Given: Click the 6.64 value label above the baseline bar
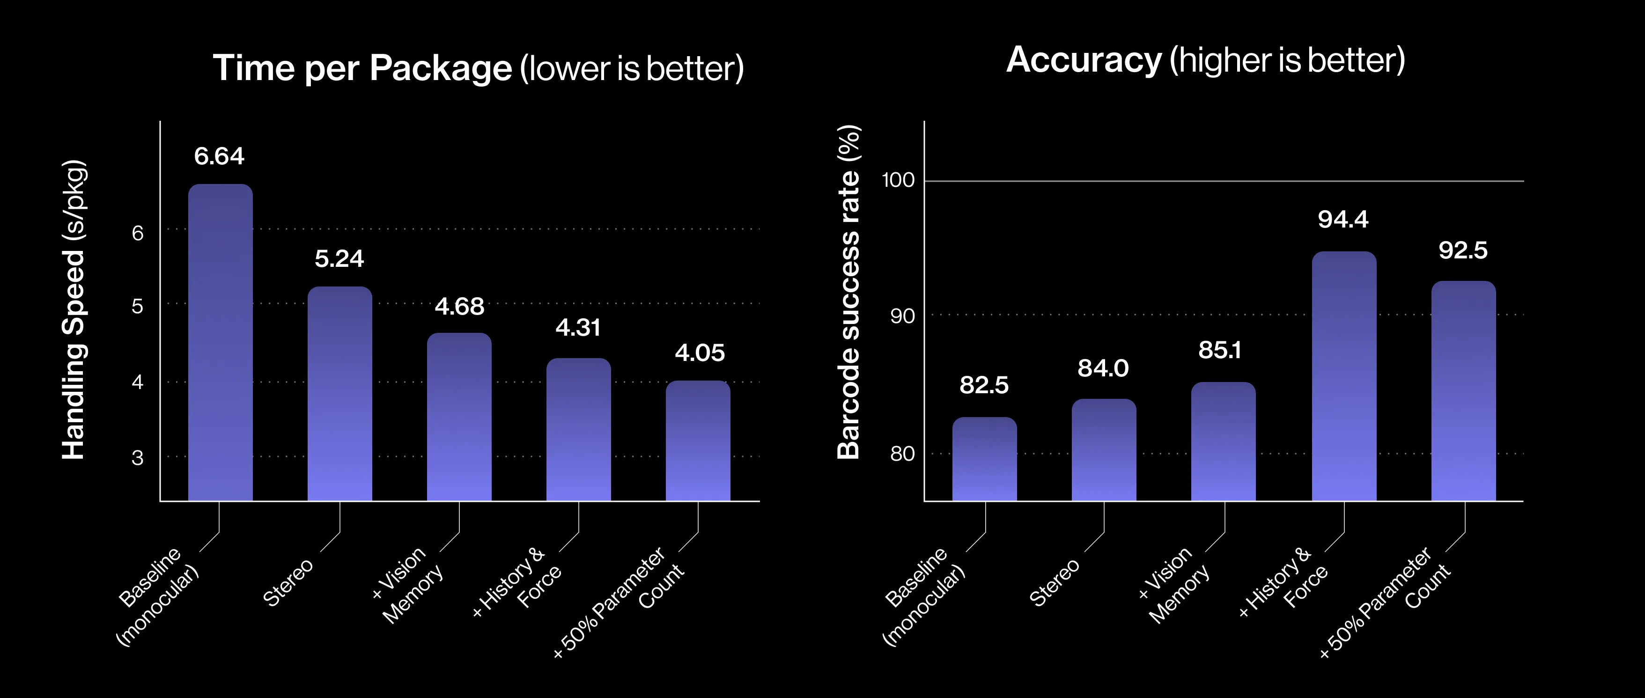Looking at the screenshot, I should coord(219,156).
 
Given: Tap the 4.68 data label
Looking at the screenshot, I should coord(459,307).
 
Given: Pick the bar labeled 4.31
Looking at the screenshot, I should coord(579,429).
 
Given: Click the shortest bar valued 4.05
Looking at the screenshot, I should coord(698,441).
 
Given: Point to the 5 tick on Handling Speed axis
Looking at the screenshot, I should coord(137,307).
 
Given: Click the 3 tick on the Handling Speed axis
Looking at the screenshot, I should coord(137,458).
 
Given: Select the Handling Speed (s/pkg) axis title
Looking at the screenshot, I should coord(74,310).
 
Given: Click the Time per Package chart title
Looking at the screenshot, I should coord(478,68).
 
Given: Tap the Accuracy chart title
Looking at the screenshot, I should coord(1206,61).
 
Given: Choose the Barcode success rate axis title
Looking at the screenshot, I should coord(848,292).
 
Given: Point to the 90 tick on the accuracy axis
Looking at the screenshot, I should coord(902,316).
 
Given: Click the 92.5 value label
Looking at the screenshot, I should coord(1463,250).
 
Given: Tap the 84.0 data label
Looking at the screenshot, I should coord(1103,368).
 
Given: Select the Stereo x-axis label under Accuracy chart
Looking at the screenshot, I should coord(1055,582).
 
